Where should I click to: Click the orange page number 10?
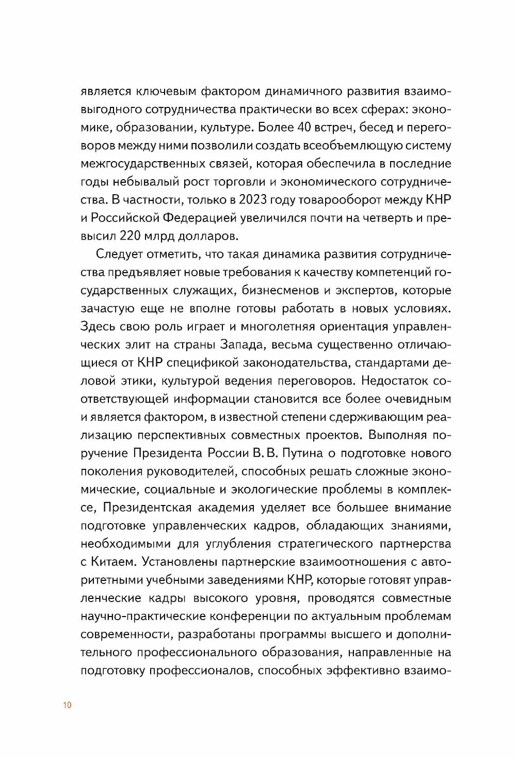(x=67, y=705)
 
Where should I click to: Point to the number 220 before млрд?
(x=131, y=236)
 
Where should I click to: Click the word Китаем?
(x=114, y=561)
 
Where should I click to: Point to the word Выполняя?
(x=398, y=435)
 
